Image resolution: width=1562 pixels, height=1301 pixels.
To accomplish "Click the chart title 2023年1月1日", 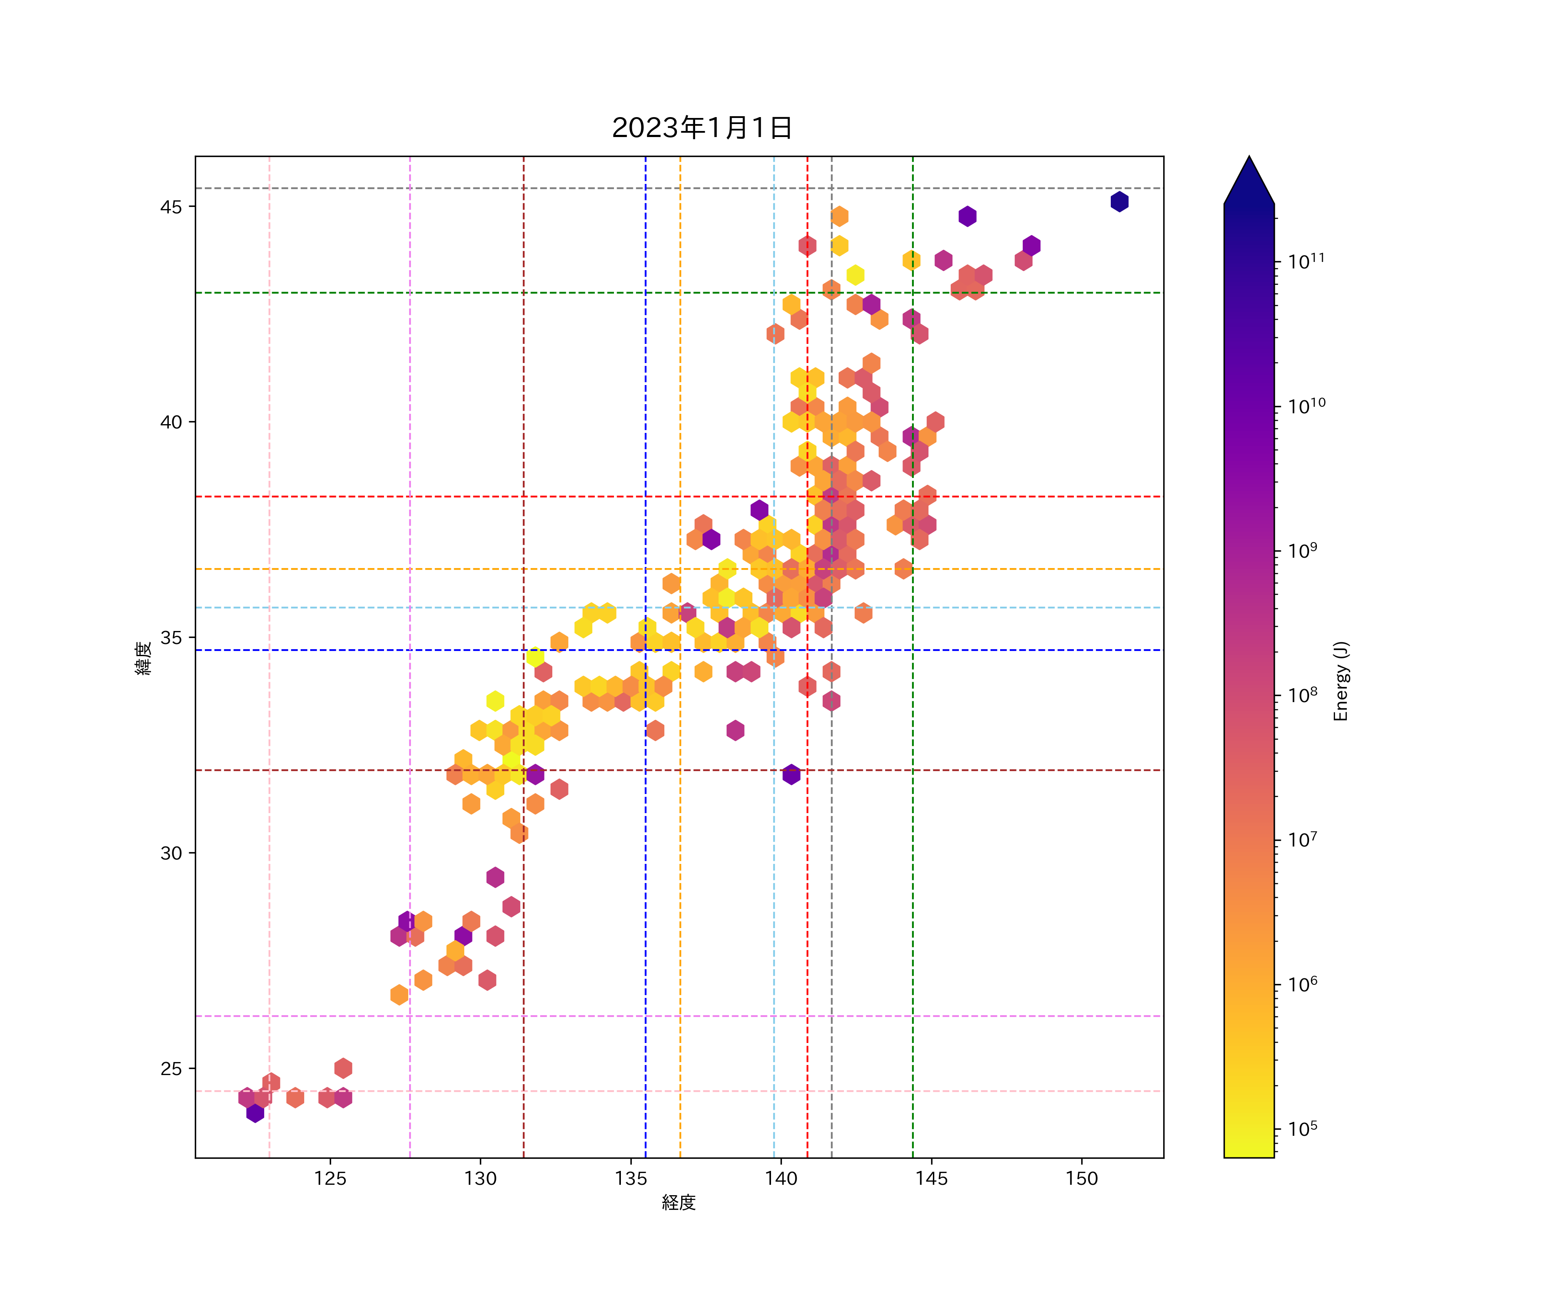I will pos(702,128).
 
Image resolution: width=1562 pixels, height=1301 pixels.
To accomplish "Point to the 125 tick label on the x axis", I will pos(330,1178).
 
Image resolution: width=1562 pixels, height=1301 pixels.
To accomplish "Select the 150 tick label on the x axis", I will pos(1082,1178).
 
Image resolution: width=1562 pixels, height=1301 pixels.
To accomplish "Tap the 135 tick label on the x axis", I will pos(631,1178).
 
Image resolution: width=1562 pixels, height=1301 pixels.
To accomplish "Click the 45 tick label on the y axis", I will pos(171,207).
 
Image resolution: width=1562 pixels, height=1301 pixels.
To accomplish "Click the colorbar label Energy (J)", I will pos(1340,681).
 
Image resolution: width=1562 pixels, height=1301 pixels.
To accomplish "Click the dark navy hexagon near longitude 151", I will pos(1119,202).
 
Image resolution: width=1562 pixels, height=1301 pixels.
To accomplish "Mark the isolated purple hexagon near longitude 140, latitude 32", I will pos(791,774).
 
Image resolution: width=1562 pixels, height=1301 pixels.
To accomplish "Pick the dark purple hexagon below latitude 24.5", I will pos(255,1113).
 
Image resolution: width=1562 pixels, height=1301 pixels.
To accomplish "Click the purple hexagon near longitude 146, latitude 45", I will pos(967,216).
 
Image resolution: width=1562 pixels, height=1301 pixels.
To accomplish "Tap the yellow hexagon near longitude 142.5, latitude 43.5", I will pos(855,275).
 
